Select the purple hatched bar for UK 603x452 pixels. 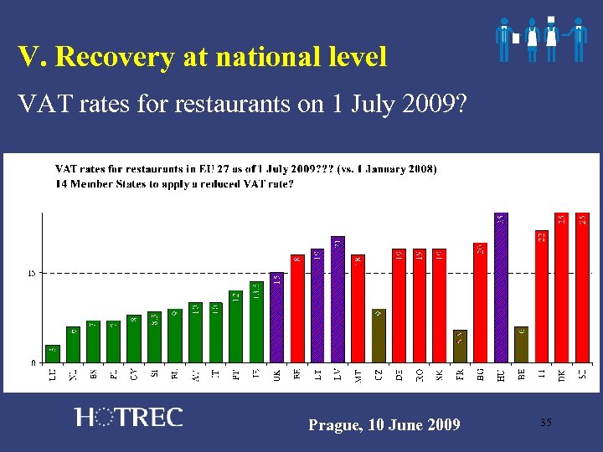point(276,318)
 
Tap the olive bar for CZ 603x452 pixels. point(379,336)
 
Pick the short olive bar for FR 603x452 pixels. point(460,347)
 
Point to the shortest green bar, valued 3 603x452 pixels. point(53,354)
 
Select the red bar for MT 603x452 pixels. point(358,309)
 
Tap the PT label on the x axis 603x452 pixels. point(237,377)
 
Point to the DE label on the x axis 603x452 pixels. point(399,377)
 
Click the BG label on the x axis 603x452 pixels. point(481,377)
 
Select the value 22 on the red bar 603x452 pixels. point(542,237)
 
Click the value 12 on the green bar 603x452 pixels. point(236,296)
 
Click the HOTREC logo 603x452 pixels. point(128,418)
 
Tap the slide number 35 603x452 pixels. point(545,423)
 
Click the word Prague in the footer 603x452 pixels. point(333,425)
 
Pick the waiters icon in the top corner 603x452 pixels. point(540,39)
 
